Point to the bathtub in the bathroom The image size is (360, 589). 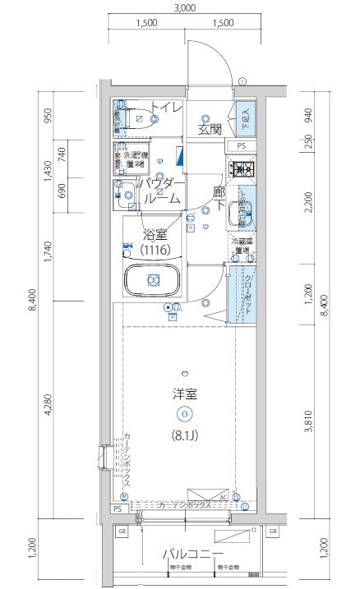click(x=152, y=281)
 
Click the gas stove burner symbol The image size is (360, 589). click(x=242, y=170)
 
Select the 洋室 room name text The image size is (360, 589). click(x=184, y=393)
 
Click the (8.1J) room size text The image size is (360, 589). click(x=184, y=435)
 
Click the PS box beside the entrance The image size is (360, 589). click(x=241, y=146)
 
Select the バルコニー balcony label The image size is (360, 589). click(x=187, y=553)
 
